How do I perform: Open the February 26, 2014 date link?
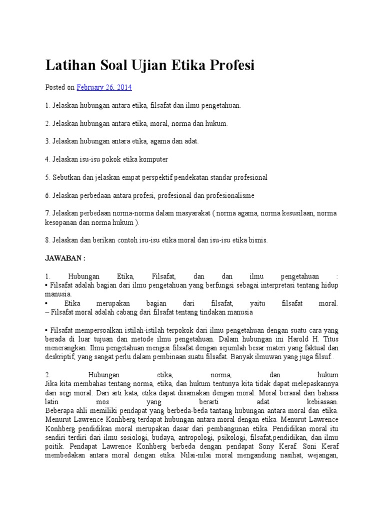pyautogui.click(x=104, y=87)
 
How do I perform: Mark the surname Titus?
pyautogui.click(x=327, y=339)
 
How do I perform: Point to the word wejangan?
pyautogui.click(x=320, y=456)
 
